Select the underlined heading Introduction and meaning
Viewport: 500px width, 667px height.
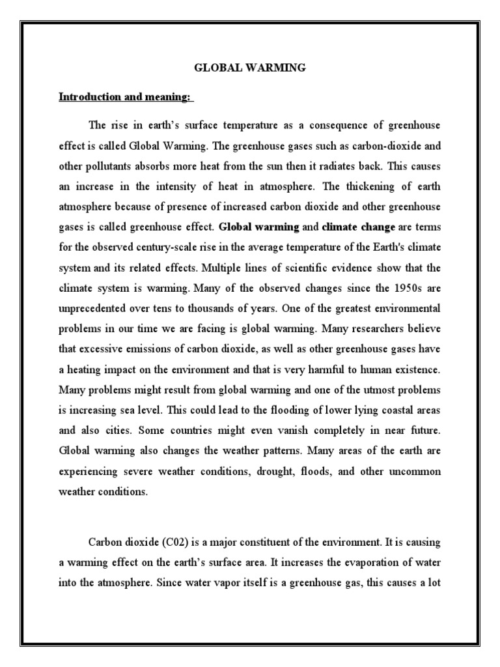click(x=125, y=97)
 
